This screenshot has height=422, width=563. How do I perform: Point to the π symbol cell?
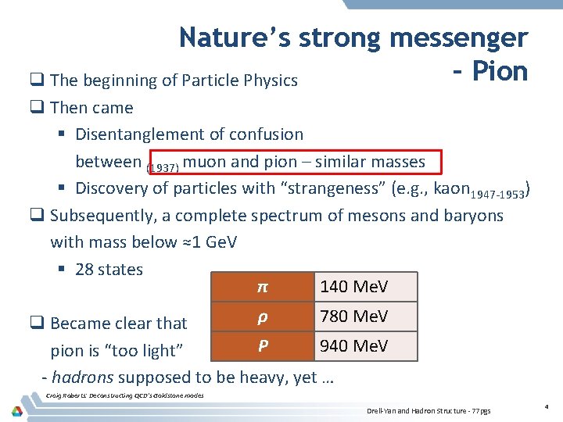tap(263, 287)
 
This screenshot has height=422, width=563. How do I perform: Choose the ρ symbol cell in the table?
tap(263, 316)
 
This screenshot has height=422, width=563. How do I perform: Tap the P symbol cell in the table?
tap(263, 345)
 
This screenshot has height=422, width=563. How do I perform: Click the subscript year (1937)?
tap(163, 166)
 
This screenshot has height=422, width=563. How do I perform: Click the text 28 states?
tap(109, 270)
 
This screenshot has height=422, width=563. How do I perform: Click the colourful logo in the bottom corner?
tap(16, 410)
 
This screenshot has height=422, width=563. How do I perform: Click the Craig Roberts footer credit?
tap(125, 395)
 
